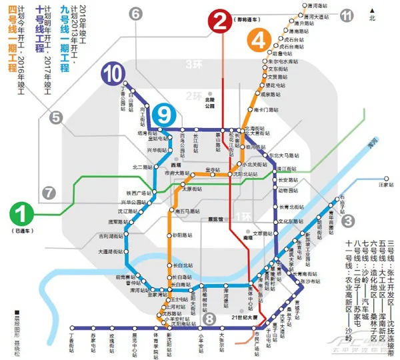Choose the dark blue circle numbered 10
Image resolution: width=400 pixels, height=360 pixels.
(112, 74)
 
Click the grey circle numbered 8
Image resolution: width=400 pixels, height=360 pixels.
(209, 319)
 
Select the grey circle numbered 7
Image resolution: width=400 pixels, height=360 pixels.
(48, 193)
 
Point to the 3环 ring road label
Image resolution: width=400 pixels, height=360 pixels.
(193, 64)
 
